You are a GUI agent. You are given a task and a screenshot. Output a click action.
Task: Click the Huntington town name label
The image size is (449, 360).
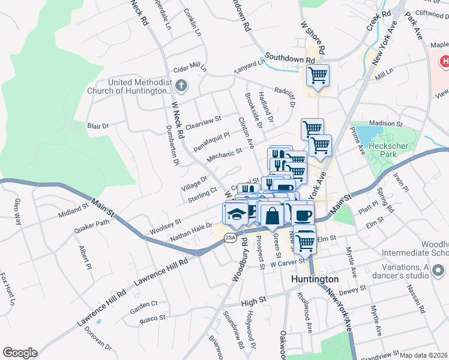tap(315, 280)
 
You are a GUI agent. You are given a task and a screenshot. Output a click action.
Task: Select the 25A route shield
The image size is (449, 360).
tap(231, 238)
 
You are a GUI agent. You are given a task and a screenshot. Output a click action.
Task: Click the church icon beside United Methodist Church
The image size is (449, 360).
tap(182, 86)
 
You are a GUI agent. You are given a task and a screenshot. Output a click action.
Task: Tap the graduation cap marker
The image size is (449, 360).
tap(237, 214)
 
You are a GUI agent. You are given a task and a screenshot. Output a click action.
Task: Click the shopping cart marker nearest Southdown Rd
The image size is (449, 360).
tap(318, 76)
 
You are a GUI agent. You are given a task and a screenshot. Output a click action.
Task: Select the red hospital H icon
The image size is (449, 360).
tap(444, 61)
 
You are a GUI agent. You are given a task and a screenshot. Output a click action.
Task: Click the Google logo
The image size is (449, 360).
tap(20, 353)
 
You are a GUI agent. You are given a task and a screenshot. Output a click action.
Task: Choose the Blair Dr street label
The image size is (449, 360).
tap(98, 127)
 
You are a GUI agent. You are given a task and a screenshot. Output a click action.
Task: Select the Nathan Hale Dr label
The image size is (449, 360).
tap(191, 232)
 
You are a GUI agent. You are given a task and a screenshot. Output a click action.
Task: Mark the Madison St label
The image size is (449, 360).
tap(385, 123)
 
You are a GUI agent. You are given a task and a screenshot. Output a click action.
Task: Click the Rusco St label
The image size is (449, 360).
tap(152, 317)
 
